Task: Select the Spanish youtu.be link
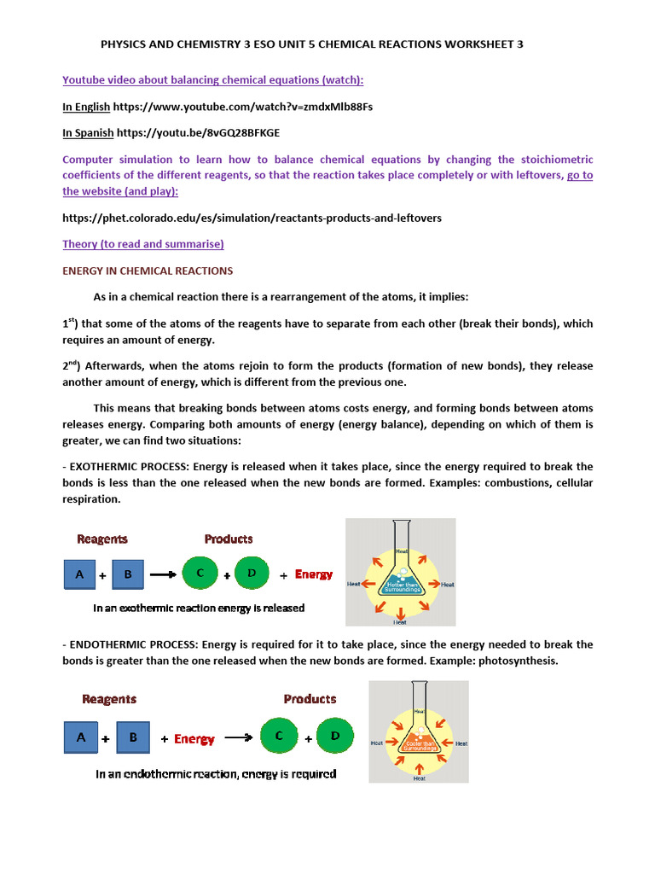point(197,133)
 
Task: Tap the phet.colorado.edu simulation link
point(252,218)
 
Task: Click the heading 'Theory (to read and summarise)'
point(143,244)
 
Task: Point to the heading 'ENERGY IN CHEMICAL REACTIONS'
point(148,271)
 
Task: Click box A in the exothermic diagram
point(79,574)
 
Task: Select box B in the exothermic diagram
point(128,574)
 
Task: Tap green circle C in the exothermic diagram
point(200,574)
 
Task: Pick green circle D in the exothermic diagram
point(252,574)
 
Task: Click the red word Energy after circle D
point(314,574)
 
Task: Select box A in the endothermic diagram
point(81,737)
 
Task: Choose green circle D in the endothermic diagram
point(334,736)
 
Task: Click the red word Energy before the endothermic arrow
point(194,739)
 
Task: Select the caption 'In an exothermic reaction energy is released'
point(199,609)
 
